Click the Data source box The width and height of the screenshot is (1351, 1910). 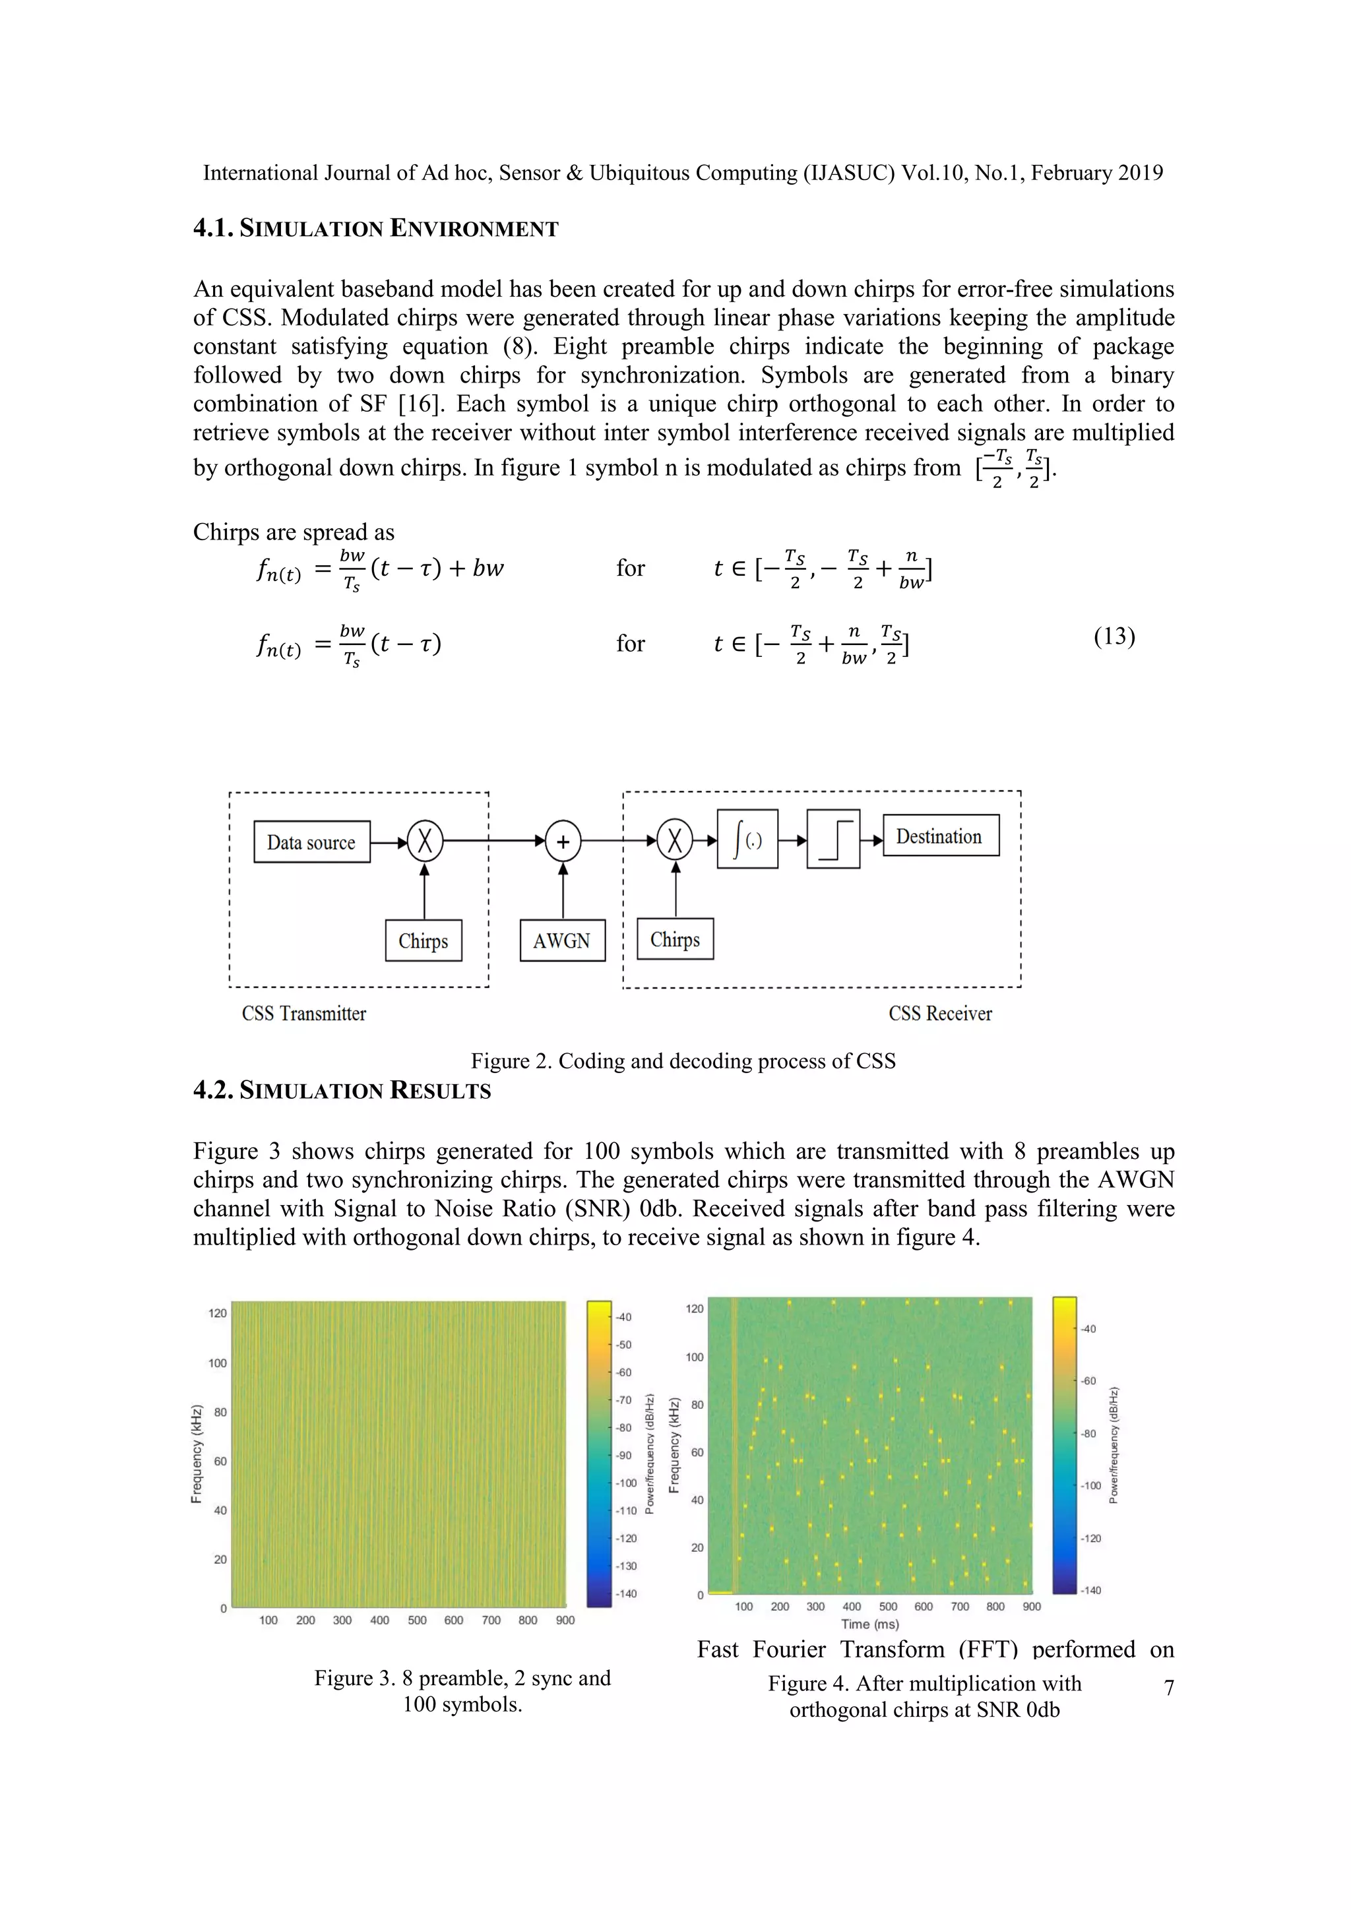tap(311, 842)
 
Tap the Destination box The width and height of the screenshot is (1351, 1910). tap(939, 836)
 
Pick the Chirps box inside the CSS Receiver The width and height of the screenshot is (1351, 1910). tap(675, 939)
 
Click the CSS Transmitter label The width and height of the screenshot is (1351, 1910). tap(303, 1013)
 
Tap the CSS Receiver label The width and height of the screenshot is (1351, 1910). tap(940, 1013)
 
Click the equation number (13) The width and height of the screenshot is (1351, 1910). tap(1114, 636)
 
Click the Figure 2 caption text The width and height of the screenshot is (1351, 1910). tap(683, 1061)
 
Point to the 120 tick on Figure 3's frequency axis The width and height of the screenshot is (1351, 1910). tap(217, 1314)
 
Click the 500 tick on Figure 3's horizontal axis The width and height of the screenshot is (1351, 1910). tap(417, 1620)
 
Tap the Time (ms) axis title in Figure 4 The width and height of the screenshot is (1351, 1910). tap(869, 1623)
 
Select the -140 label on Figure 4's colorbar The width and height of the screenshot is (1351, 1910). tap(1090, 1589)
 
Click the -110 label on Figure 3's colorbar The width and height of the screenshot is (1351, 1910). tap(627, 1511)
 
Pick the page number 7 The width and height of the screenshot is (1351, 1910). tap(1169, 1688)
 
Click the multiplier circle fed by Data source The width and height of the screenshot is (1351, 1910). tap(425, 841)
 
